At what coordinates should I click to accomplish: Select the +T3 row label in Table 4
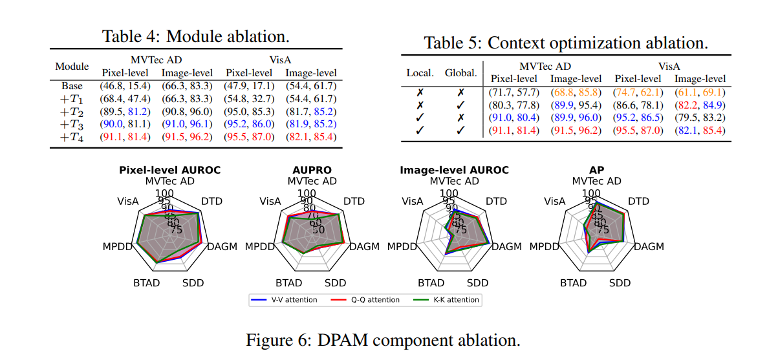(72, 124)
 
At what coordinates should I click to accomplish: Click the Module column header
(72, 67)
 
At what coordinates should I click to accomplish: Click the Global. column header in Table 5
(460, 73)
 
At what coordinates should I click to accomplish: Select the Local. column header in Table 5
(420, 73)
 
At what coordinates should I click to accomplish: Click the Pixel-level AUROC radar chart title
(169, 170)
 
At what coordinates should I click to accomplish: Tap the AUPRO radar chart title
(312, 170)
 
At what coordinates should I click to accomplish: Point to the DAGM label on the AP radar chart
(649, 247)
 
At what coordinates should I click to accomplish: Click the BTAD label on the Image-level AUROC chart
(431, 283)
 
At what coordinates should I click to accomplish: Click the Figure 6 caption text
(383, 340)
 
